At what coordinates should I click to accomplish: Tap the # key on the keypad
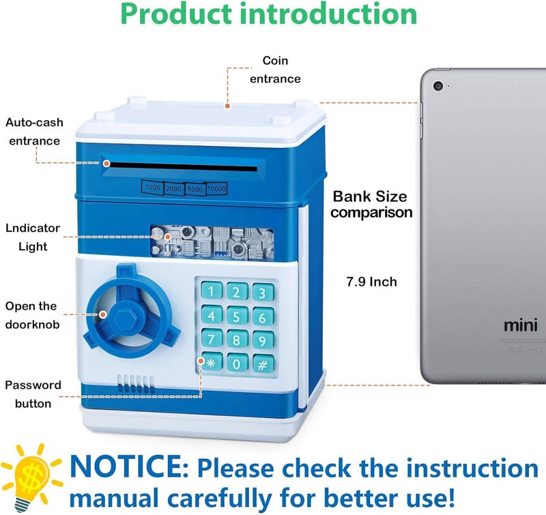[x=263, y=364]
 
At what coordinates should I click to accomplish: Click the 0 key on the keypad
[x=237, y=364]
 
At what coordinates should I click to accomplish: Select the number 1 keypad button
[x=212, y=291]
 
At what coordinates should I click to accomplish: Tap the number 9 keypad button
[x=263, y=340]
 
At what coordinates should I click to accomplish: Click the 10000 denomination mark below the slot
[x=216, y=189]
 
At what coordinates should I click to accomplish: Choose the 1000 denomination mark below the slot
[x=152, y=188]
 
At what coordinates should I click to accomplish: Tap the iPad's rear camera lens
[x=438, y=86]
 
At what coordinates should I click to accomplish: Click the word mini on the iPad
[x=521, y=325]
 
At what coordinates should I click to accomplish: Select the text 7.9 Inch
[x=371, y=282]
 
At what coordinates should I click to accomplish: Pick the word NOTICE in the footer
[x=126, y=467]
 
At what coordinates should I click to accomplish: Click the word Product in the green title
[x=176, y=14]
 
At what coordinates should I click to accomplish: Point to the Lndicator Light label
[x=33, y=237]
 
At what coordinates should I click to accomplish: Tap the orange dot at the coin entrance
[x=227, y=106]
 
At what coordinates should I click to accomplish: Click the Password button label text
[x=33, y=394]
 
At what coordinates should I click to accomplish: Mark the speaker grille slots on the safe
[x=135, y=384]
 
